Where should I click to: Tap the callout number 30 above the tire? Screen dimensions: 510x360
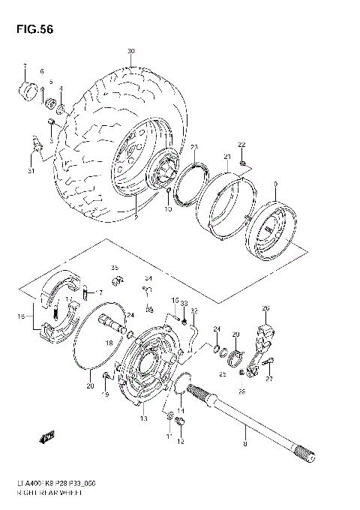[x=130, y=52]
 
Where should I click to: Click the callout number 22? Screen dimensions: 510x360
[x=241, y=144]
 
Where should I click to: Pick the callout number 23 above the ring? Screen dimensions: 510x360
[x=193, y=146]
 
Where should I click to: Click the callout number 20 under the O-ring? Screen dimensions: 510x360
[x=90, y=387]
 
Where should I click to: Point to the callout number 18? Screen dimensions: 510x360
[x=109, y=343]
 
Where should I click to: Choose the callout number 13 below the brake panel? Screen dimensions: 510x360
[x=144, y=418]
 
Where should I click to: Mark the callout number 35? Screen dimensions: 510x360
[x=115, y=268]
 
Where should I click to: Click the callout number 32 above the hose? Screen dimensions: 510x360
[x=193, y=310]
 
